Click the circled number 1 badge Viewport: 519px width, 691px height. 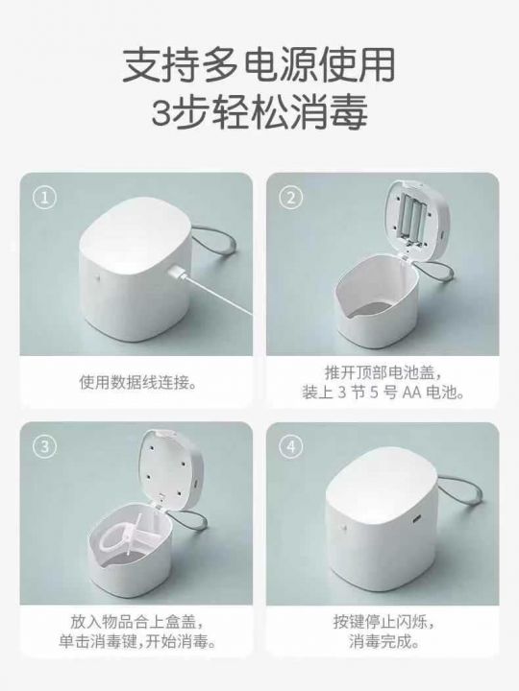44,198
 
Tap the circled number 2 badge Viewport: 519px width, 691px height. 291,198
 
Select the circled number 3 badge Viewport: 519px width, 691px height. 44,447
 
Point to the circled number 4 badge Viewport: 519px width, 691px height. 291,447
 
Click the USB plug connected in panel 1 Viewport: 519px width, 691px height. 176,274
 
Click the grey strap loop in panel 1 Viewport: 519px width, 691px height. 215,244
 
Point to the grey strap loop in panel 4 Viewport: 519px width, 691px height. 460,493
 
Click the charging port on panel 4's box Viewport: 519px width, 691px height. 417,518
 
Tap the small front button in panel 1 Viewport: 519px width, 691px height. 97,279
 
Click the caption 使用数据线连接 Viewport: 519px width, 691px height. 137,382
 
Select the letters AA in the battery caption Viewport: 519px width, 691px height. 412,392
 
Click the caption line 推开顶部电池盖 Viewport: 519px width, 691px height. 383,372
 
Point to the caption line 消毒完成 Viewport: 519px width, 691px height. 383,641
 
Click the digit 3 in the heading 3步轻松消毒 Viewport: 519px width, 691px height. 161,112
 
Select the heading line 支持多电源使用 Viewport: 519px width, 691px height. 259,65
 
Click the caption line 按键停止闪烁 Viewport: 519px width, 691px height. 383,622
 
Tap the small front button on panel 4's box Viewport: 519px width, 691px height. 342,526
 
